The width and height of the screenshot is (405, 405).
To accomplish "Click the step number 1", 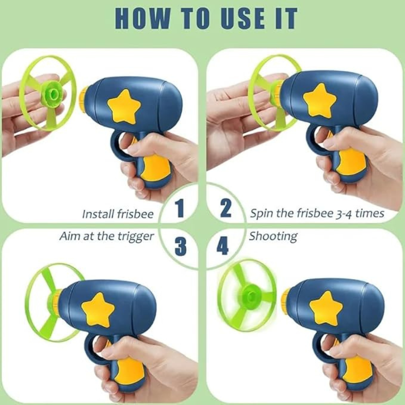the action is click(179, 208).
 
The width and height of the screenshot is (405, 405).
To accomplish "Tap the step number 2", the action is click(226, 208).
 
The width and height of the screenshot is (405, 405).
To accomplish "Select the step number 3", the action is click(181, 246).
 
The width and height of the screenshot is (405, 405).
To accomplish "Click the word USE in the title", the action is click(243, 19).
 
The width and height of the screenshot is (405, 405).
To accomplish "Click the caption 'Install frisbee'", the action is click(118, 214).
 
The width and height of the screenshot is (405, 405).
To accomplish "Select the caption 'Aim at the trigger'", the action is click(107, 237).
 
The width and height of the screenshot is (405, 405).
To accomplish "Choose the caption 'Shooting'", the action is click(273, 237).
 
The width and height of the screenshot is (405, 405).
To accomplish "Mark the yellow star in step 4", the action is click(326, 308).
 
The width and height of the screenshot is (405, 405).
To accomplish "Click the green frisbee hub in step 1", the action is click(53, 93).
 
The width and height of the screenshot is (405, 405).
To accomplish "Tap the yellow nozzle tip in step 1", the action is click(84, 95).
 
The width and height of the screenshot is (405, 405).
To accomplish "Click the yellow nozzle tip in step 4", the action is click(286, 298).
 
